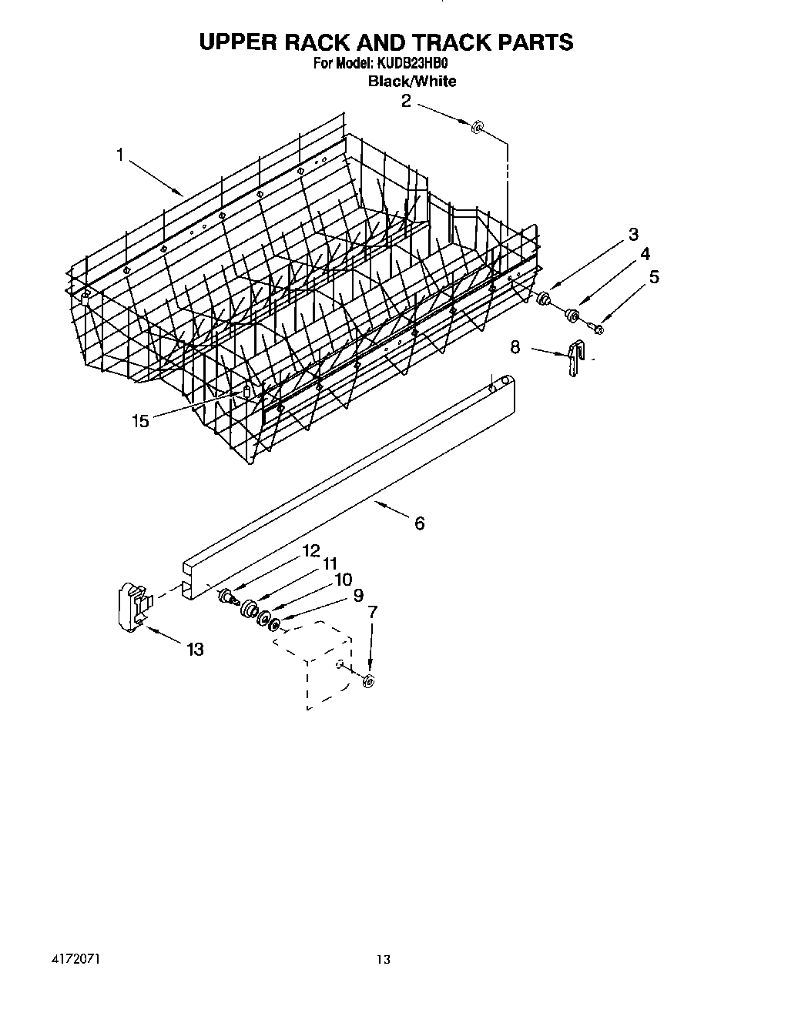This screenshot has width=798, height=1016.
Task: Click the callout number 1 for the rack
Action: (120, 155)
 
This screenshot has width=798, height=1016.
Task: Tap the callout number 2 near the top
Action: (406, 102)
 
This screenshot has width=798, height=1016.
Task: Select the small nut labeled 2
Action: (477, 126)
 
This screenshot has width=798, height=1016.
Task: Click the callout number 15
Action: (140, 421)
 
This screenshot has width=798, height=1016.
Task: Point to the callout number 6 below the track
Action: (419, 523)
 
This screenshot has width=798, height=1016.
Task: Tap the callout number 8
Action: (515, 347)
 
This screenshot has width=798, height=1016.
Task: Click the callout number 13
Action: (195, 650)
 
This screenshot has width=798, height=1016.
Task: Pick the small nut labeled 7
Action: (368, 680)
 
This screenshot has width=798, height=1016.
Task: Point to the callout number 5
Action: (654, 277)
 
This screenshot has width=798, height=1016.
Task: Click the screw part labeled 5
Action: (598, 329)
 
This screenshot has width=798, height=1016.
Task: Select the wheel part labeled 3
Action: (545, 297)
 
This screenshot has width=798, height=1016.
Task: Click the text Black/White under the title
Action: (412, 82)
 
